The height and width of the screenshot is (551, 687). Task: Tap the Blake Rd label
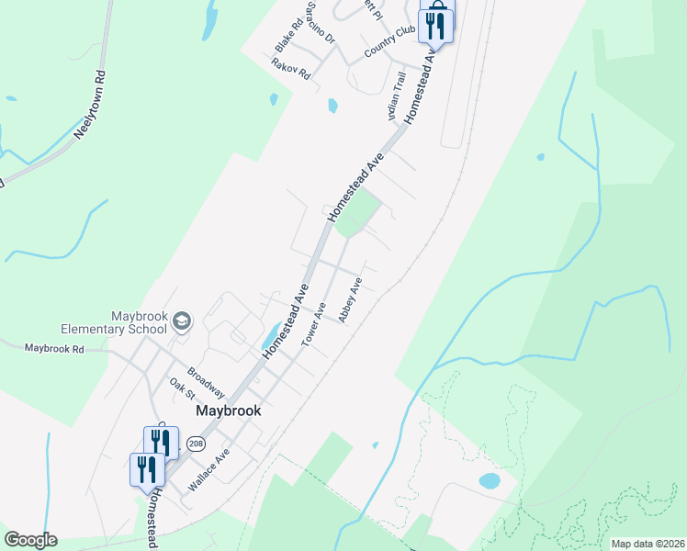[288, 36]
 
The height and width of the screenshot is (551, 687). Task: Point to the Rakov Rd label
[290, 68]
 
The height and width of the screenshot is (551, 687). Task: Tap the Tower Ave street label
[314, 324]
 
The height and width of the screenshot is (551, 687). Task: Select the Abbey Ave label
[351, 299]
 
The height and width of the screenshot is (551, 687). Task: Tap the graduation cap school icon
[182, 321]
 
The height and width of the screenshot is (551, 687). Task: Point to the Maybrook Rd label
[54, 349]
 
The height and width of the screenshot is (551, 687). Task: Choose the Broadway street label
[206, 382]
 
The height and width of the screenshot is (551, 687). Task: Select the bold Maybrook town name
[229, 411]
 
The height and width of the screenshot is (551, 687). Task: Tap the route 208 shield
[195, 444]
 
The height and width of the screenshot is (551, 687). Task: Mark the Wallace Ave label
[208, 468]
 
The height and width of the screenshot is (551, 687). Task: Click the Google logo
[30, 540]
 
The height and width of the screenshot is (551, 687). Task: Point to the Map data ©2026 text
[648, 544]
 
